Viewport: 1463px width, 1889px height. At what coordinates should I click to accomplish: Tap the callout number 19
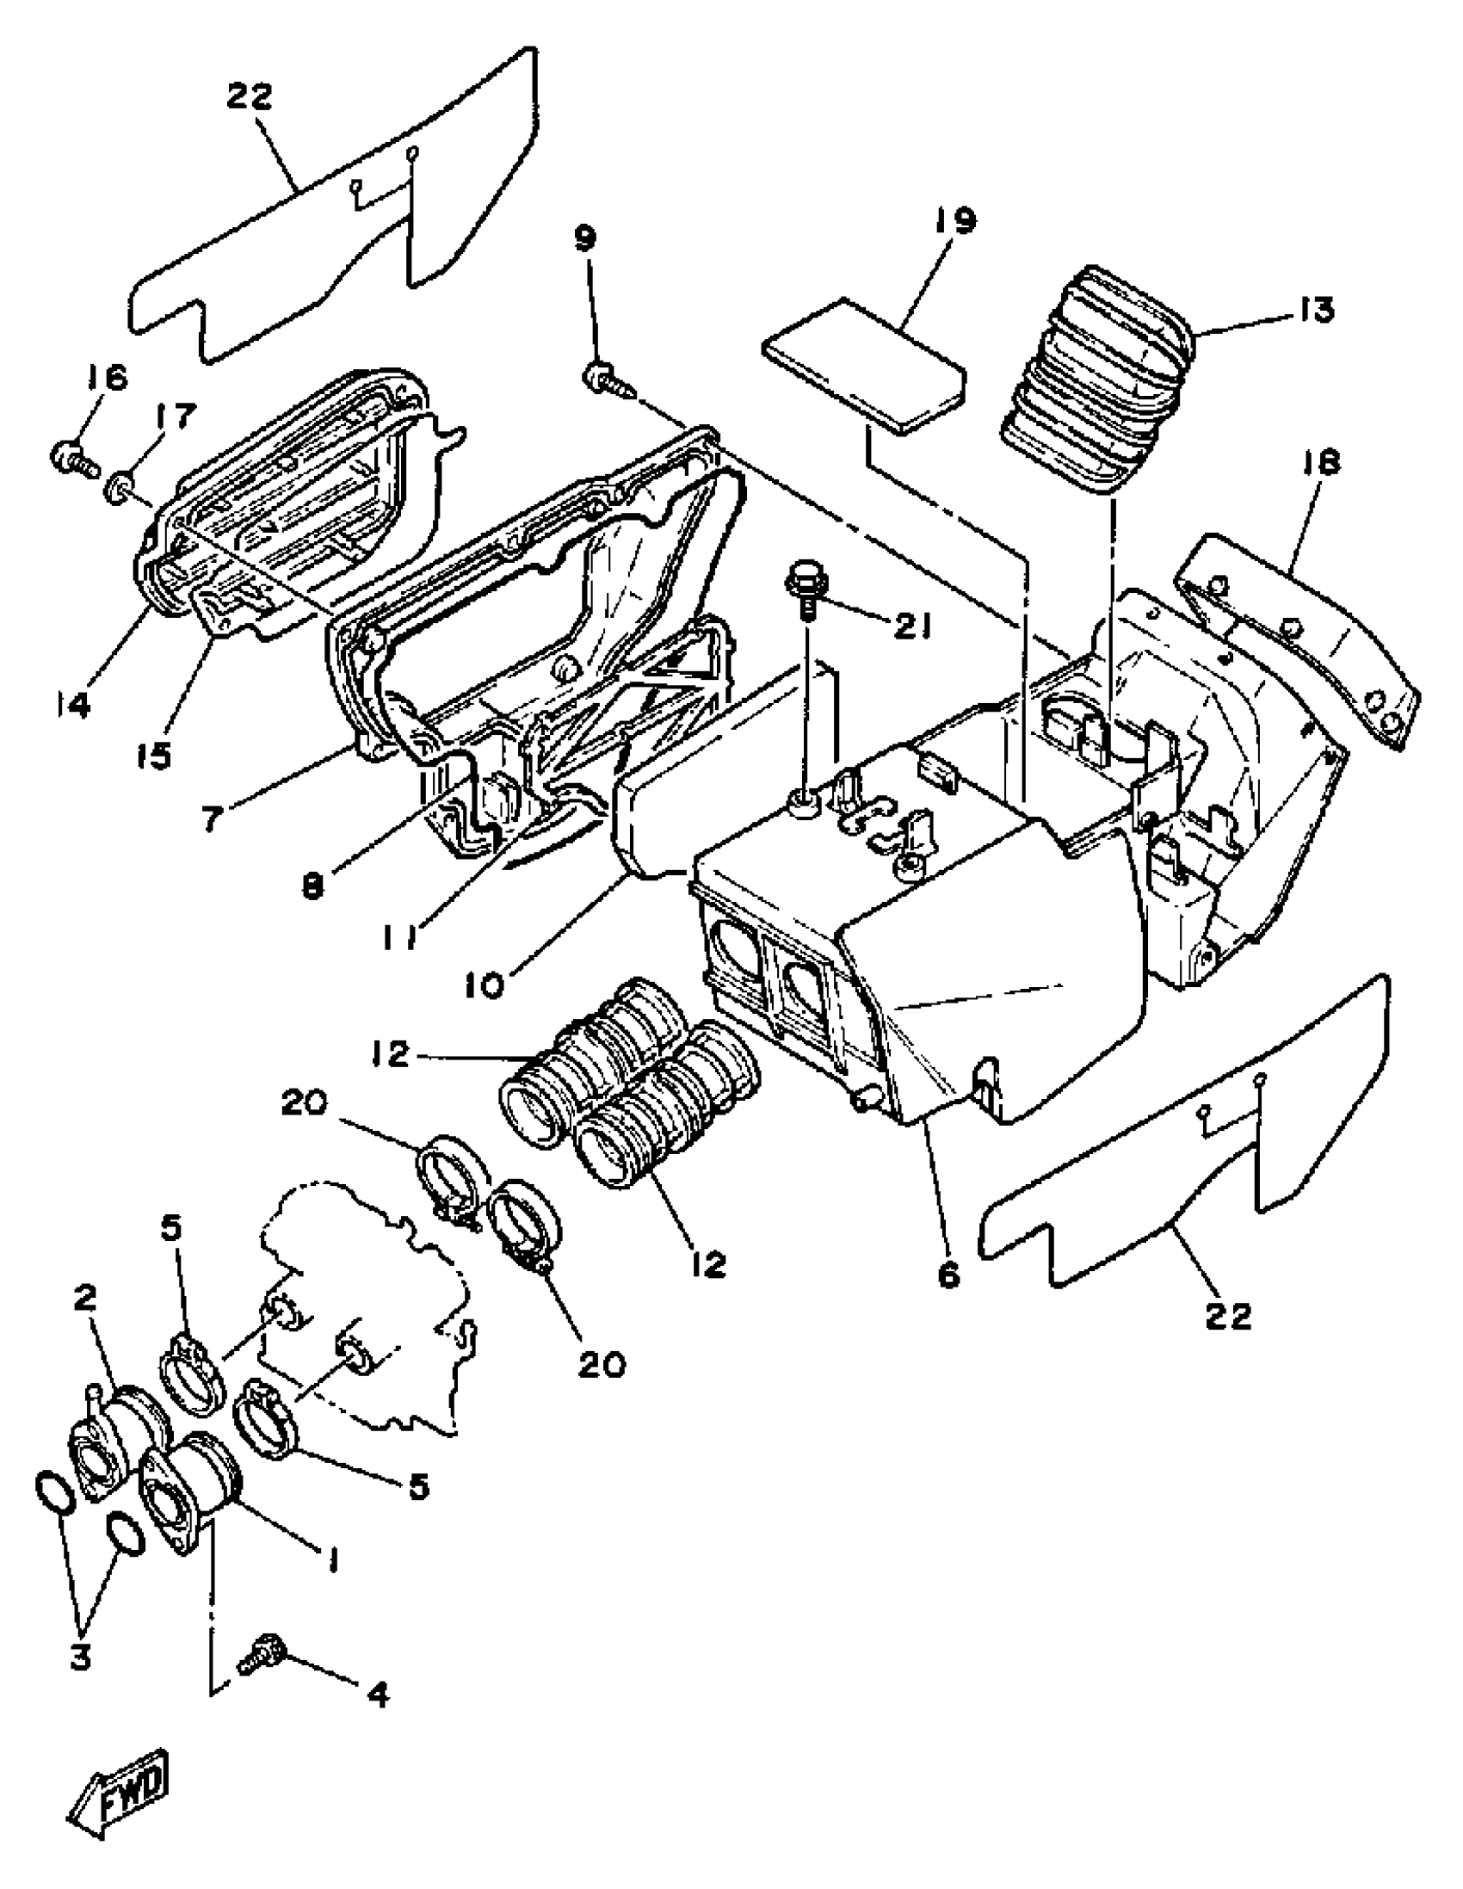click(955, 221)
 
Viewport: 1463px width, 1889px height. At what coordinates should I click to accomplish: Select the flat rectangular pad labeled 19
click(863, 365)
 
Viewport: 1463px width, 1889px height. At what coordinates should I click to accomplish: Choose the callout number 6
click(948, 1273)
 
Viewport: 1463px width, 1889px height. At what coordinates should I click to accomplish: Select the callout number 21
click(912, 627)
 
